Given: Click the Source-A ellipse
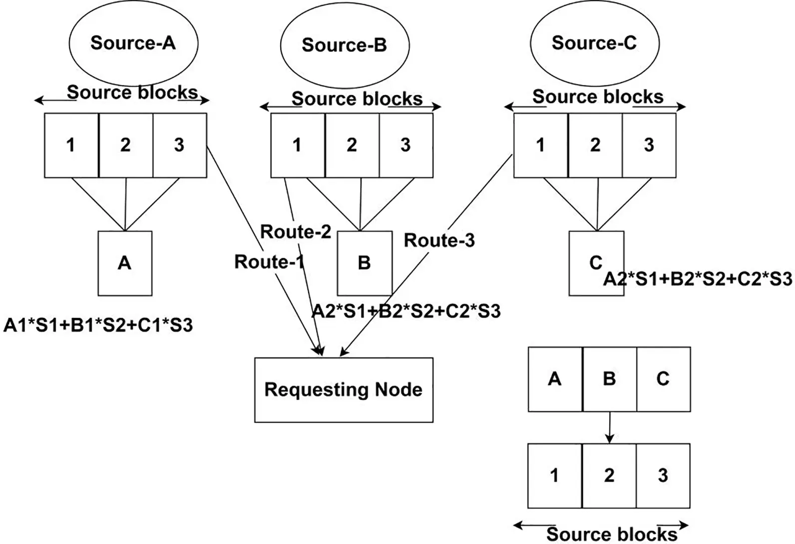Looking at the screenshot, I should (133, 43).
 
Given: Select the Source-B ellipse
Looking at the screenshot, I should (344, 45).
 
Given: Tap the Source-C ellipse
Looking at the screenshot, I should (594, 43).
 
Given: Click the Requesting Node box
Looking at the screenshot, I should (344, 390).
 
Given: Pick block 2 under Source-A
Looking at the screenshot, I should (125, 145).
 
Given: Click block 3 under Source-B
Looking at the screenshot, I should (405, 145).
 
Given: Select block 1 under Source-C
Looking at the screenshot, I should (540, 145).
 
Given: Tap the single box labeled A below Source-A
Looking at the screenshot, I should (125, 263).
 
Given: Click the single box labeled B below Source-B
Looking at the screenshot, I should (365, 263).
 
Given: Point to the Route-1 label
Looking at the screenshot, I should (269, 262).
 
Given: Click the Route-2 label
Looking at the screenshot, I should (296, 232).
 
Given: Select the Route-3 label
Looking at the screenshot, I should (439, 240).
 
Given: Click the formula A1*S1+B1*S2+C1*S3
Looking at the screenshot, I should (98, 325).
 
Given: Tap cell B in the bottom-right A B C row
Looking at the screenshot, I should (609, 379).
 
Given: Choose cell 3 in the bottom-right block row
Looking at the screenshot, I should (663, 476).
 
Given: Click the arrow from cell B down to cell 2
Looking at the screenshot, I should (609, 428).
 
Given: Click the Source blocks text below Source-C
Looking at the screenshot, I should (598, 97).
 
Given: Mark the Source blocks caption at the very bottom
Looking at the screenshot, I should (612, 534).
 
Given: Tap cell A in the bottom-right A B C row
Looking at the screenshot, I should (555, 379).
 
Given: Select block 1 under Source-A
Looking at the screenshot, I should (71, 145).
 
